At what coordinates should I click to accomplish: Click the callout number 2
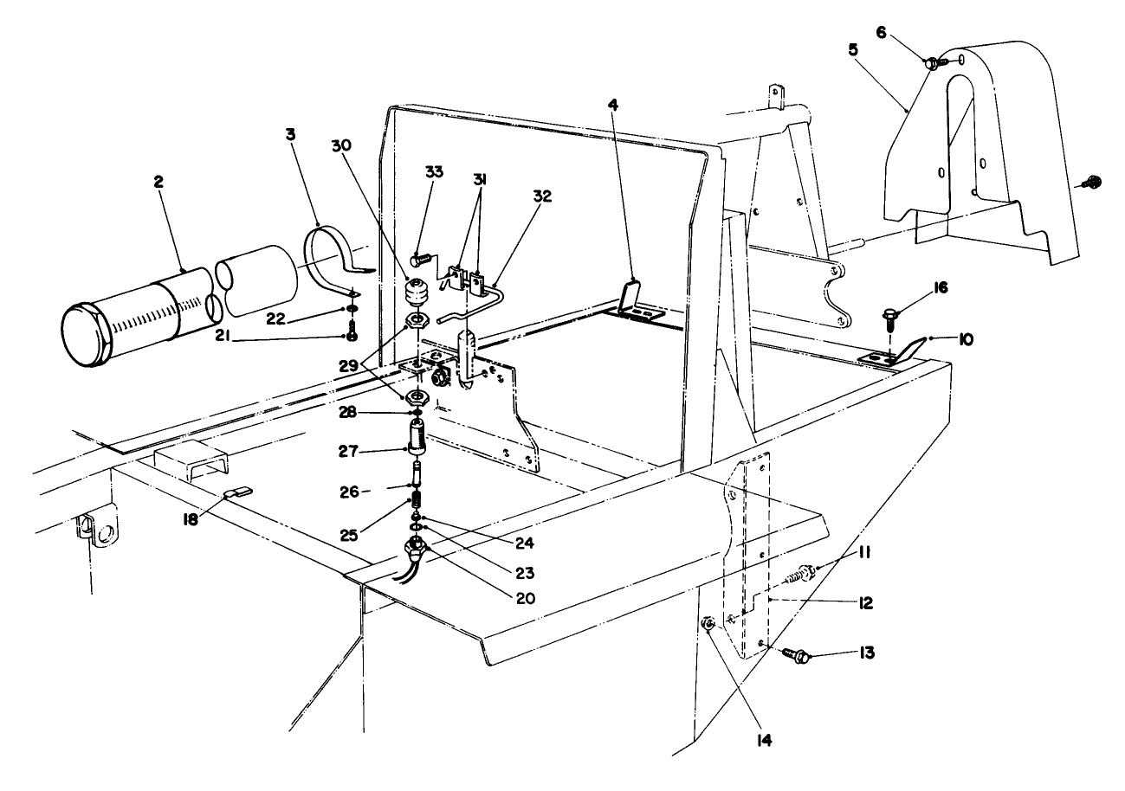coord(158,182)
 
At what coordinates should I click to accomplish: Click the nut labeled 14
coord(708,624)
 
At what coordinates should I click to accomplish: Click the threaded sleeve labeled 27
coord(417,435)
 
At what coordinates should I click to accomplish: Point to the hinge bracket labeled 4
coord(631,296)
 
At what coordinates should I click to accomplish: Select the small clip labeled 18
coord(236,493)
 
